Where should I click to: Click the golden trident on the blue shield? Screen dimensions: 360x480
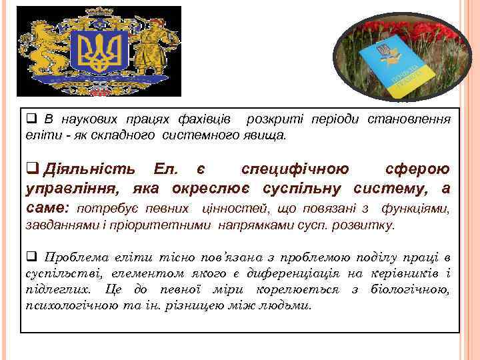coord(99,53)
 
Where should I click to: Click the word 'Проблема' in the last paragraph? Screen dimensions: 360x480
coord(73,257)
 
